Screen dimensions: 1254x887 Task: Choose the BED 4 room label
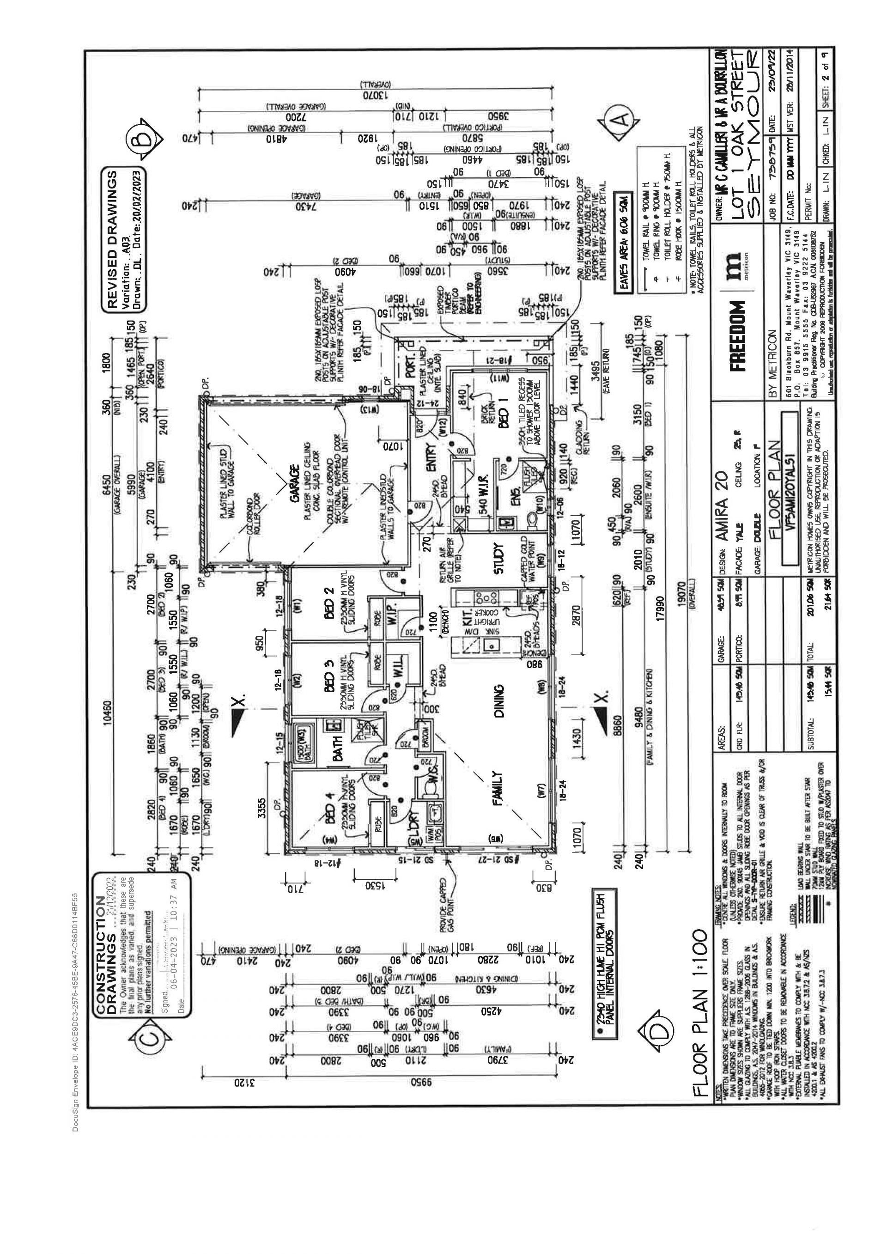coord(329,798)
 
